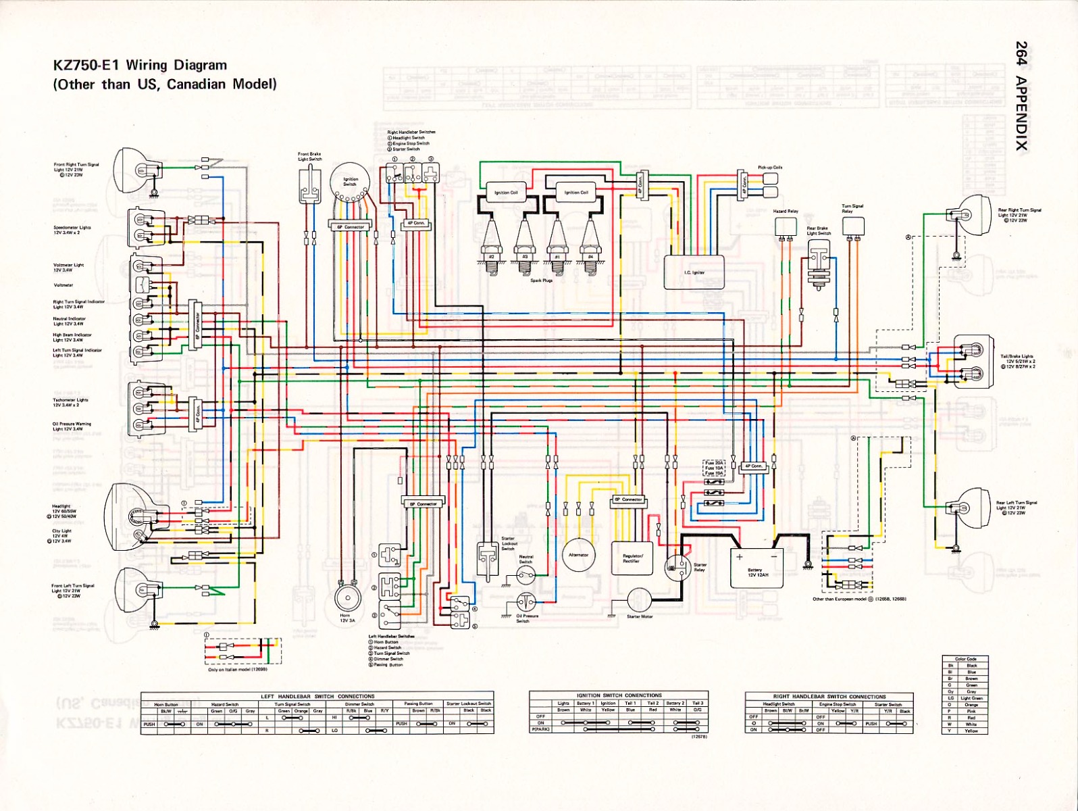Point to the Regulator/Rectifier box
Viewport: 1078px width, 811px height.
coord(632,558)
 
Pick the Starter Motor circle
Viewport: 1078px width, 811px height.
coord(638,599)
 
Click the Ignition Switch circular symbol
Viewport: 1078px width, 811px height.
coord(351,182)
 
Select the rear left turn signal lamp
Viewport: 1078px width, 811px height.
coord(967,510)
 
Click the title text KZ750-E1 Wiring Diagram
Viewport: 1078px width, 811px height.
coord(140,66)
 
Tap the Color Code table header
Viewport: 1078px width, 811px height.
coord(966,659)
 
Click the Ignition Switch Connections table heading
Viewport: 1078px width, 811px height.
coord(619,695)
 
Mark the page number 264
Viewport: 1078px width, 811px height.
coord(1021,53)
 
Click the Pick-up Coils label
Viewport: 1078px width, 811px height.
coord(770,167)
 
